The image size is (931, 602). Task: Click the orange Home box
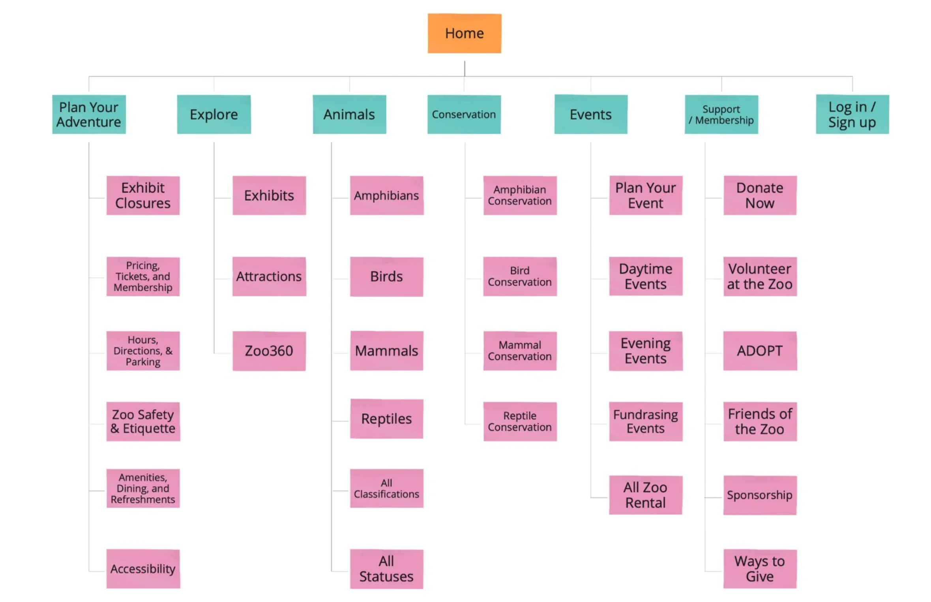(x=464, y=34)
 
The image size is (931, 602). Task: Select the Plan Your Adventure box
(x=89, y=115)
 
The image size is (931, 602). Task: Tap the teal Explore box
(x=214, y=115)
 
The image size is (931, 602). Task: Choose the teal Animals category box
(x=349, y=115)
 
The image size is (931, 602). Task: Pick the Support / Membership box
(x=721, y=115)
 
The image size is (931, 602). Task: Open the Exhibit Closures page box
(x=143, y=196)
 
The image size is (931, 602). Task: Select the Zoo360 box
(x=269, y=351)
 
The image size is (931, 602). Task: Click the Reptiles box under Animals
(x=386, y=419)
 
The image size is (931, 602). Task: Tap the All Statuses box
(x=386, y=569)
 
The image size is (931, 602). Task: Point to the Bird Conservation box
(x=519, y=277)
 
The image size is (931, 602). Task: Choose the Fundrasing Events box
(x=645, y=421)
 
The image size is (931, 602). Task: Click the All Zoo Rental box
(x=645, y=495)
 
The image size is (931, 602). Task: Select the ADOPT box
(x=759, y=351)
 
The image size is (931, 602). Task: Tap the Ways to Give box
(x=759, y=569)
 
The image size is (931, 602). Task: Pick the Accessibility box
(x=143, y=569)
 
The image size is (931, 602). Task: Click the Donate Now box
(x=759, y=196)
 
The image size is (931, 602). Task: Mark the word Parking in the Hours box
(x=143, y=362)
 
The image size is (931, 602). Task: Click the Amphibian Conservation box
(x=519, y=196)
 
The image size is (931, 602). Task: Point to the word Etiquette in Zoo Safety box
(x=149, y=429)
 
